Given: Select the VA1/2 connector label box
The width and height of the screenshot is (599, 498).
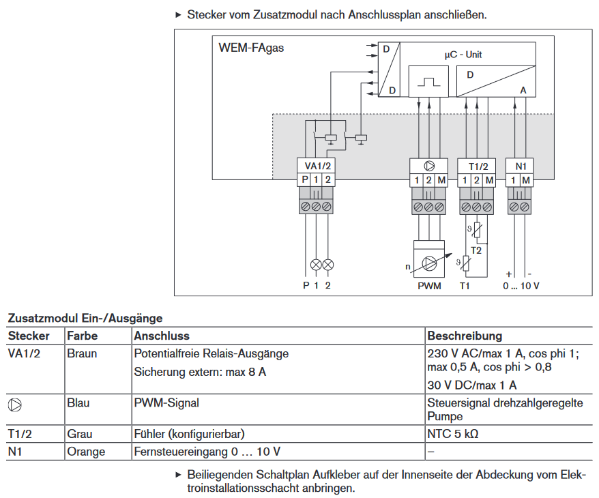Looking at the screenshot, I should click(x=319, y=166).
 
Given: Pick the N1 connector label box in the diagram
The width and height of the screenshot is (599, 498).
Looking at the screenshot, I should click(x=521, y=166).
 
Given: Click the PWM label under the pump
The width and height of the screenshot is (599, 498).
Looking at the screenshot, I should click(x=429, y=285).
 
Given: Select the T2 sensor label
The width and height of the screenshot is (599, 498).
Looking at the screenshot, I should click(x=476, y=250).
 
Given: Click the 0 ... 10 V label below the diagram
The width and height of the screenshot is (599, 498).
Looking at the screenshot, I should click(x=521, y=285).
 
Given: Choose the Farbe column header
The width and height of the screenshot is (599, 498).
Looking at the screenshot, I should click(x=82, y=336).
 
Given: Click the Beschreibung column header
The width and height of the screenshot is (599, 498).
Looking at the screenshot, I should click(x=464, y=336).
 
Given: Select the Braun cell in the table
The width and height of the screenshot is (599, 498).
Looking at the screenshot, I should click(x=81, y=353).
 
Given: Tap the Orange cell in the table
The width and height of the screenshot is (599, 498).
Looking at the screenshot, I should click(x=85, y=452).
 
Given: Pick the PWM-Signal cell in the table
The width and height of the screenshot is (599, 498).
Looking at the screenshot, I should click(x=166, y=402).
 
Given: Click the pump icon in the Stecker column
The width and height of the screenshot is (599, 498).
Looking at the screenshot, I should click(x=15, y=404).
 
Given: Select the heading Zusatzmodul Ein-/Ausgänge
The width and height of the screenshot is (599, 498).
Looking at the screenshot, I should click(x=85, y=318).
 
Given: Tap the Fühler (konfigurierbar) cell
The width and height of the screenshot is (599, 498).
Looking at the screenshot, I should click(x=189, y=434).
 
